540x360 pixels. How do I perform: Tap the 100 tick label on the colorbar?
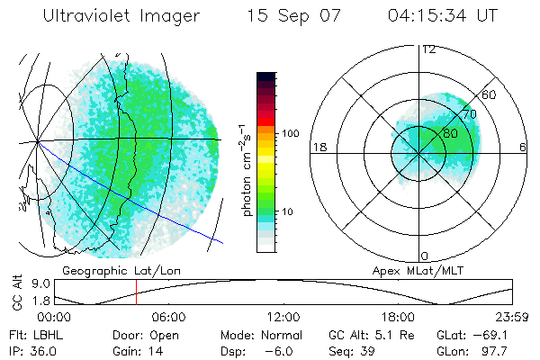(x=291, y=133)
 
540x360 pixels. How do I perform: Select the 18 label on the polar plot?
(x=318, y=148)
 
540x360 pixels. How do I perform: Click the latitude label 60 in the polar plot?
(x=490, y=94)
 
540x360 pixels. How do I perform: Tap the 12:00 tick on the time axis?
(x=283, y=317)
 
